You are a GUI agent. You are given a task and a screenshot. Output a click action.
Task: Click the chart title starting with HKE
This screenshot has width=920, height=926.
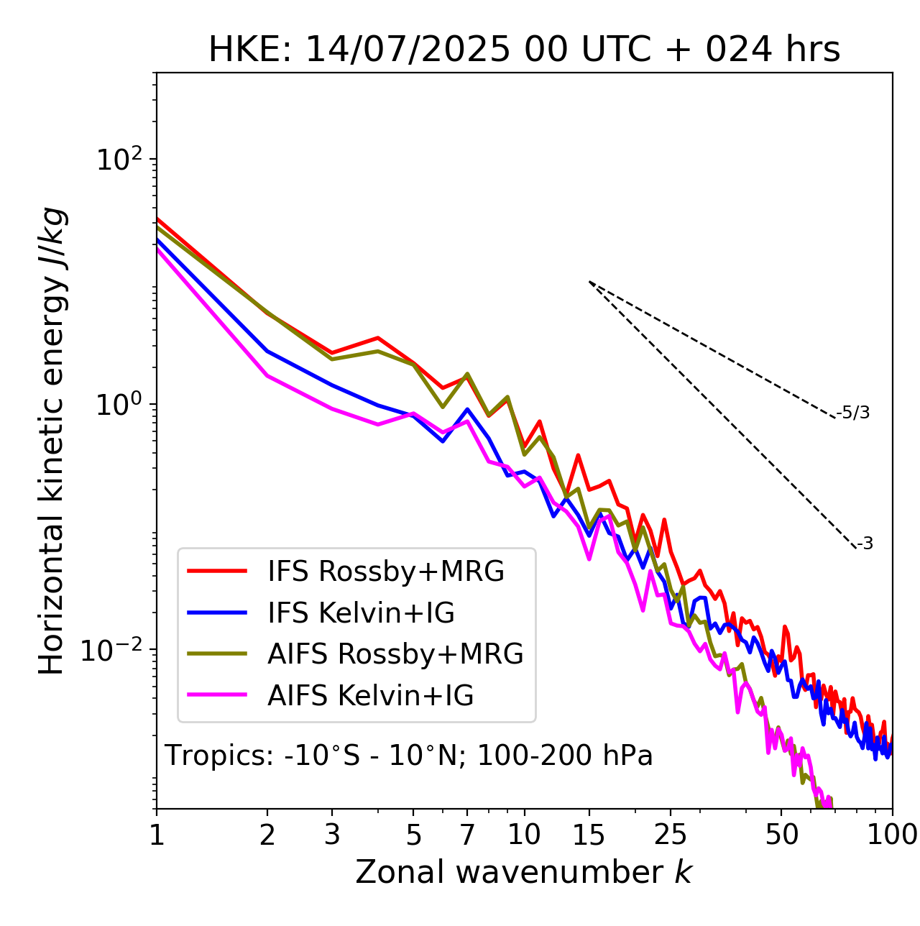524,50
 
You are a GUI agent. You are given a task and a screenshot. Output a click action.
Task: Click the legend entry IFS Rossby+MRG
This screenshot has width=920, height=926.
385,571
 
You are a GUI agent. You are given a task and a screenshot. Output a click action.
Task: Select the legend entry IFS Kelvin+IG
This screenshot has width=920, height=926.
361,613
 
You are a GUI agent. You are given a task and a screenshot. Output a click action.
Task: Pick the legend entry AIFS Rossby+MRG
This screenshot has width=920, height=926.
395,654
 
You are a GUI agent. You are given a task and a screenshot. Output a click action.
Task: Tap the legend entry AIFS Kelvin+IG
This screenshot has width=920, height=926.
370,695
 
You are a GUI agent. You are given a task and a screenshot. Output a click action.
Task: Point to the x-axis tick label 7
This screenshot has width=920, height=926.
467,835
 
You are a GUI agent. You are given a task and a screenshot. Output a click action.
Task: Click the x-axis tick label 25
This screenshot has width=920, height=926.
670,835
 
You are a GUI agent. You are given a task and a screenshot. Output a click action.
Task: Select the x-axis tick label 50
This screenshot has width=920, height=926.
781,835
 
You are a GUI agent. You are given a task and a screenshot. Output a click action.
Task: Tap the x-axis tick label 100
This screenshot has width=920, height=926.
892,835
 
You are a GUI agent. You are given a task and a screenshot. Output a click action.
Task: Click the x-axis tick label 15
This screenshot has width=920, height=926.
589,835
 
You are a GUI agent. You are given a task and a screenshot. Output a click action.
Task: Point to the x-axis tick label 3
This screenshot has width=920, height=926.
332,835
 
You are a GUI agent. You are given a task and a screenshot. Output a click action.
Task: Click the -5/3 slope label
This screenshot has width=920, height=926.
853,413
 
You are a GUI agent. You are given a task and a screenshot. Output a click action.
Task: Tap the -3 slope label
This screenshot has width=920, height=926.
865,544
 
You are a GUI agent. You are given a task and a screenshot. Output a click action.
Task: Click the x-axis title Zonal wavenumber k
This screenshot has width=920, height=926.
524,872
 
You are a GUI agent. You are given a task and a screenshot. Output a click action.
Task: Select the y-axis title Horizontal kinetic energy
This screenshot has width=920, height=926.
52,441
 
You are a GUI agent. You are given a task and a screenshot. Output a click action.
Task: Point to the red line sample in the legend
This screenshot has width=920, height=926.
217,571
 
